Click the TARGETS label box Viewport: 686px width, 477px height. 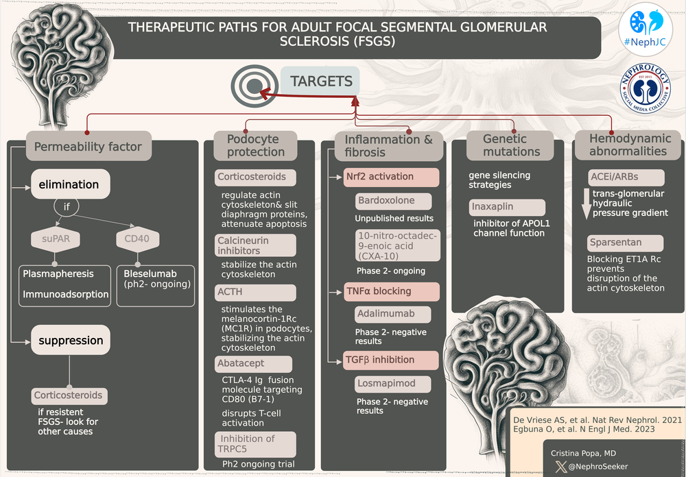click(x=321, y=82)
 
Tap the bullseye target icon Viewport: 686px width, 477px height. click(x=252, y=85)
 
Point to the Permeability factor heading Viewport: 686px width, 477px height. click(x=88, y=146)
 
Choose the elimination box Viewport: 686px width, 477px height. click(x=70, y=184)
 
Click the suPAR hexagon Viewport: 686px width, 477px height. click(x=54, y=239)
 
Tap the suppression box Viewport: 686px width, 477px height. click(x=71, y=340)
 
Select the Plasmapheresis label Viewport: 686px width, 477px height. click(x=58, y=273)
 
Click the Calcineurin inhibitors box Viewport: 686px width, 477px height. click(x=255, y=245)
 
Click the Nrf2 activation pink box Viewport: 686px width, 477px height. click(x=391, y=176)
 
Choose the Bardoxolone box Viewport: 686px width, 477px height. click(x=394, y=201)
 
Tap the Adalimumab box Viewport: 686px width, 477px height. click(x=393, y=315)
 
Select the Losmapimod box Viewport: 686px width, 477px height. click(x=394, y=384)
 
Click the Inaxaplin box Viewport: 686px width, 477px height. click(x=508, y=206)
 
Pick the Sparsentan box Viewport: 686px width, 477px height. click(x=625, y=243)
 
